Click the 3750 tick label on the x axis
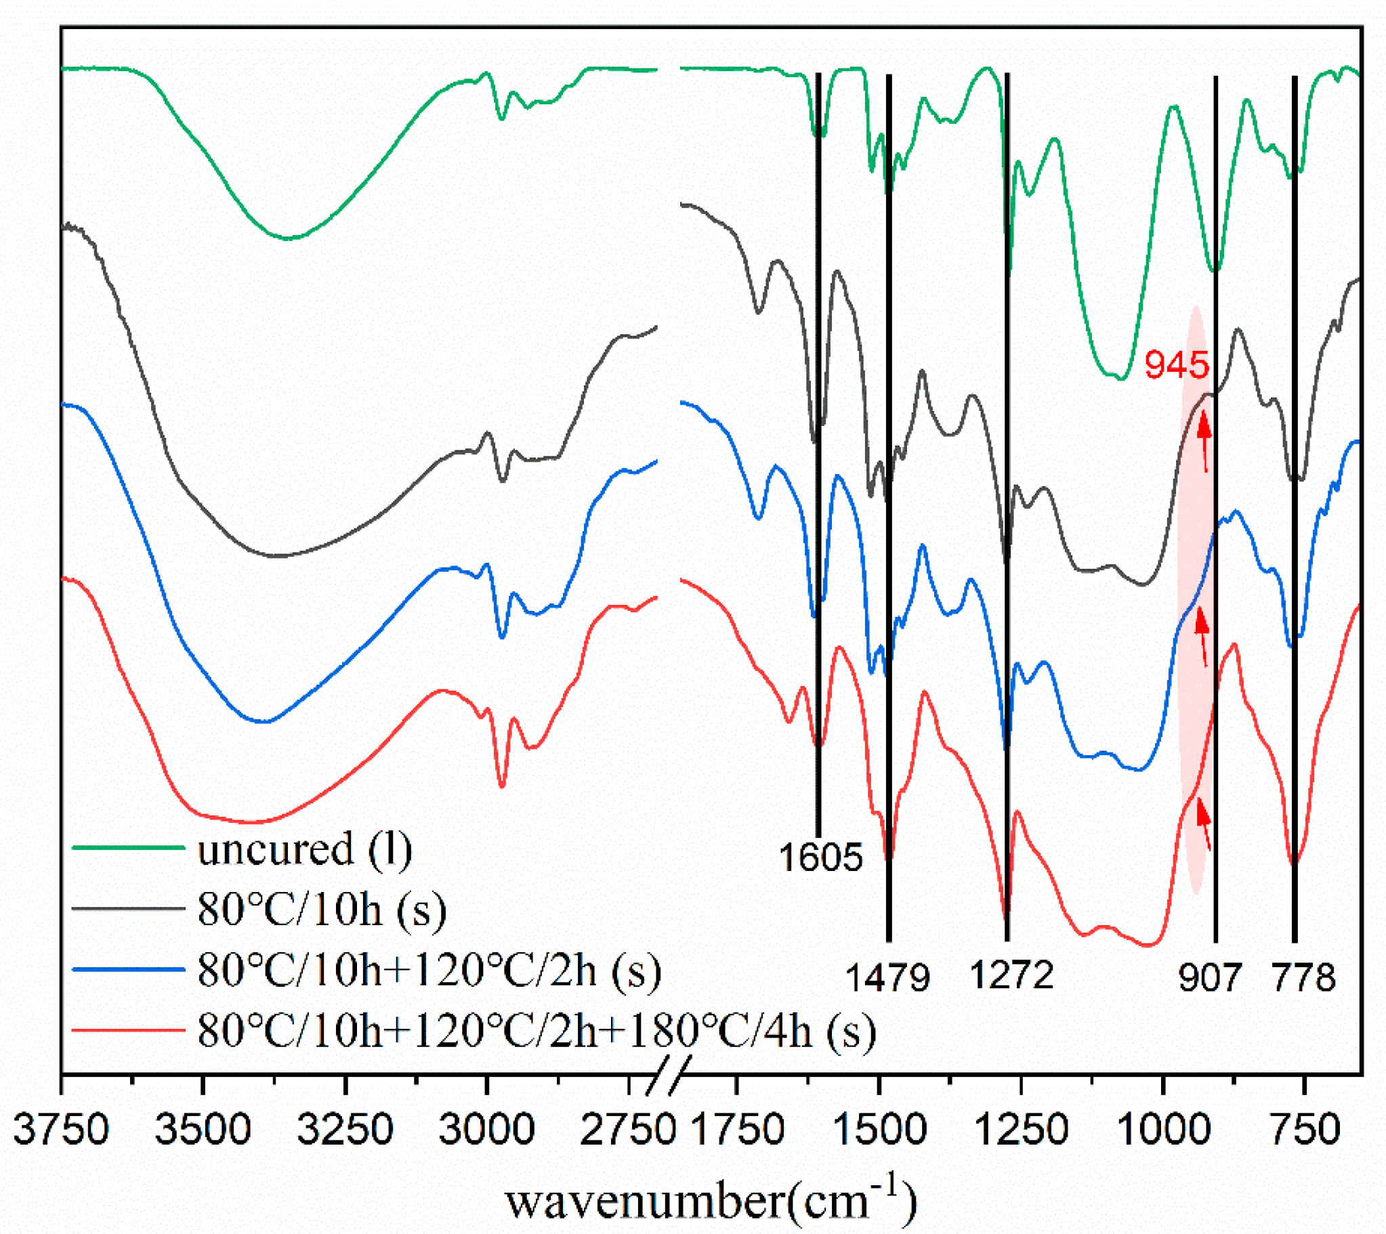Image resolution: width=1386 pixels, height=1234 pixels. pos(61,1130)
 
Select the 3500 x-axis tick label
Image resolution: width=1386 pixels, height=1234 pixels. pos(203,1130)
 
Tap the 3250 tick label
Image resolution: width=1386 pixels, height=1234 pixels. pos(345,1130)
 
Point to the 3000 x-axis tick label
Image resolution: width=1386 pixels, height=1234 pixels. pos(486,1130)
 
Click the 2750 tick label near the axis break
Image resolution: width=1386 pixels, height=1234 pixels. pos(627,1130)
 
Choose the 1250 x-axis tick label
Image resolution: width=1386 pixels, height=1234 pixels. pos(1021,1130)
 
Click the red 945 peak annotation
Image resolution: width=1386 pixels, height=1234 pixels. pos(1177,365)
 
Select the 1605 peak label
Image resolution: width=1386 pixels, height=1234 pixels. pos(820,857)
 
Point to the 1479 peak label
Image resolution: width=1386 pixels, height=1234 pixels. pos(887,978)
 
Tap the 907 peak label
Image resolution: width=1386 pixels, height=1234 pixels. pos(1210,978)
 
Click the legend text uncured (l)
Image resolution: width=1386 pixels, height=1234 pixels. pos(304,849)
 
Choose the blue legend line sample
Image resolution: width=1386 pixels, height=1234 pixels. pos(128,971)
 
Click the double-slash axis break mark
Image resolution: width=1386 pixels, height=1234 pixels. pos(667,1075)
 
